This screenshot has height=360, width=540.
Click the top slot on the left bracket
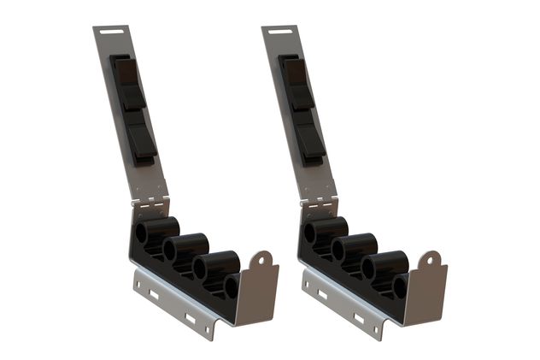pyautogui.click(x=109, y=33)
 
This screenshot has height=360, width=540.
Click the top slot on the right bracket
pyautogui.click(x=278, y=33)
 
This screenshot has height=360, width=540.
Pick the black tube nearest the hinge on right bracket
pyautogui.click(x=326, y=231)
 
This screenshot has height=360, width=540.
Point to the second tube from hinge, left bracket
pyautogui.click(x=185, y=248)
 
